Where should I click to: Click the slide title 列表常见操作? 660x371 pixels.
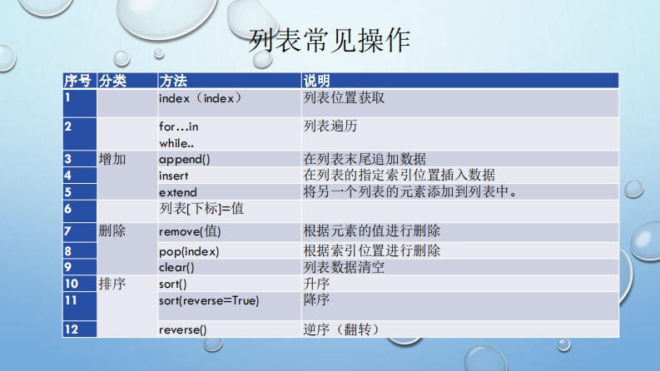click(x=329, y=41)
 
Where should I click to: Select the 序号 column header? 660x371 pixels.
click(x=77, y=81)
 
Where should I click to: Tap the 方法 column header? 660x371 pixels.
click(x=173, y=81)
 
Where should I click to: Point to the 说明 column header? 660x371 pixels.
click(x=317, y=81)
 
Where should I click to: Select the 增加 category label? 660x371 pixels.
click(x=112, y=159)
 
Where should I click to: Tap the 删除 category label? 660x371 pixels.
click(x=112, y=230)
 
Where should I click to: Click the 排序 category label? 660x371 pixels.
click(x=112, y=284)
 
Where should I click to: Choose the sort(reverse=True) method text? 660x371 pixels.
click(x=209, y=301)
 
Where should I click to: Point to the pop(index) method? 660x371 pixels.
click(x=189, y=251)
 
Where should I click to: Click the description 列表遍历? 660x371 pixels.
click(x=330, y=126)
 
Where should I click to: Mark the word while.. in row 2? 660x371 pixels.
click(x=176, y=143)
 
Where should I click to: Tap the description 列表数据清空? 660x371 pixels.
click(x=344, y=267)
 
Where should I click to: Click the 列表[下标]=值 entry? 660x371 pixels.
click(x=201, y=209)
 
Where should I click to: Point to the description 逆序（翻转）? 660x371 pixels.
click(x=342, y=329)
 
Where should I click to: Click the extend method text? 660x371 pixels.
click(x=177, y=192)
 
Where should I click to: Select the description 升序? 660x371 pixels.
click(x=316, y=284)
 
